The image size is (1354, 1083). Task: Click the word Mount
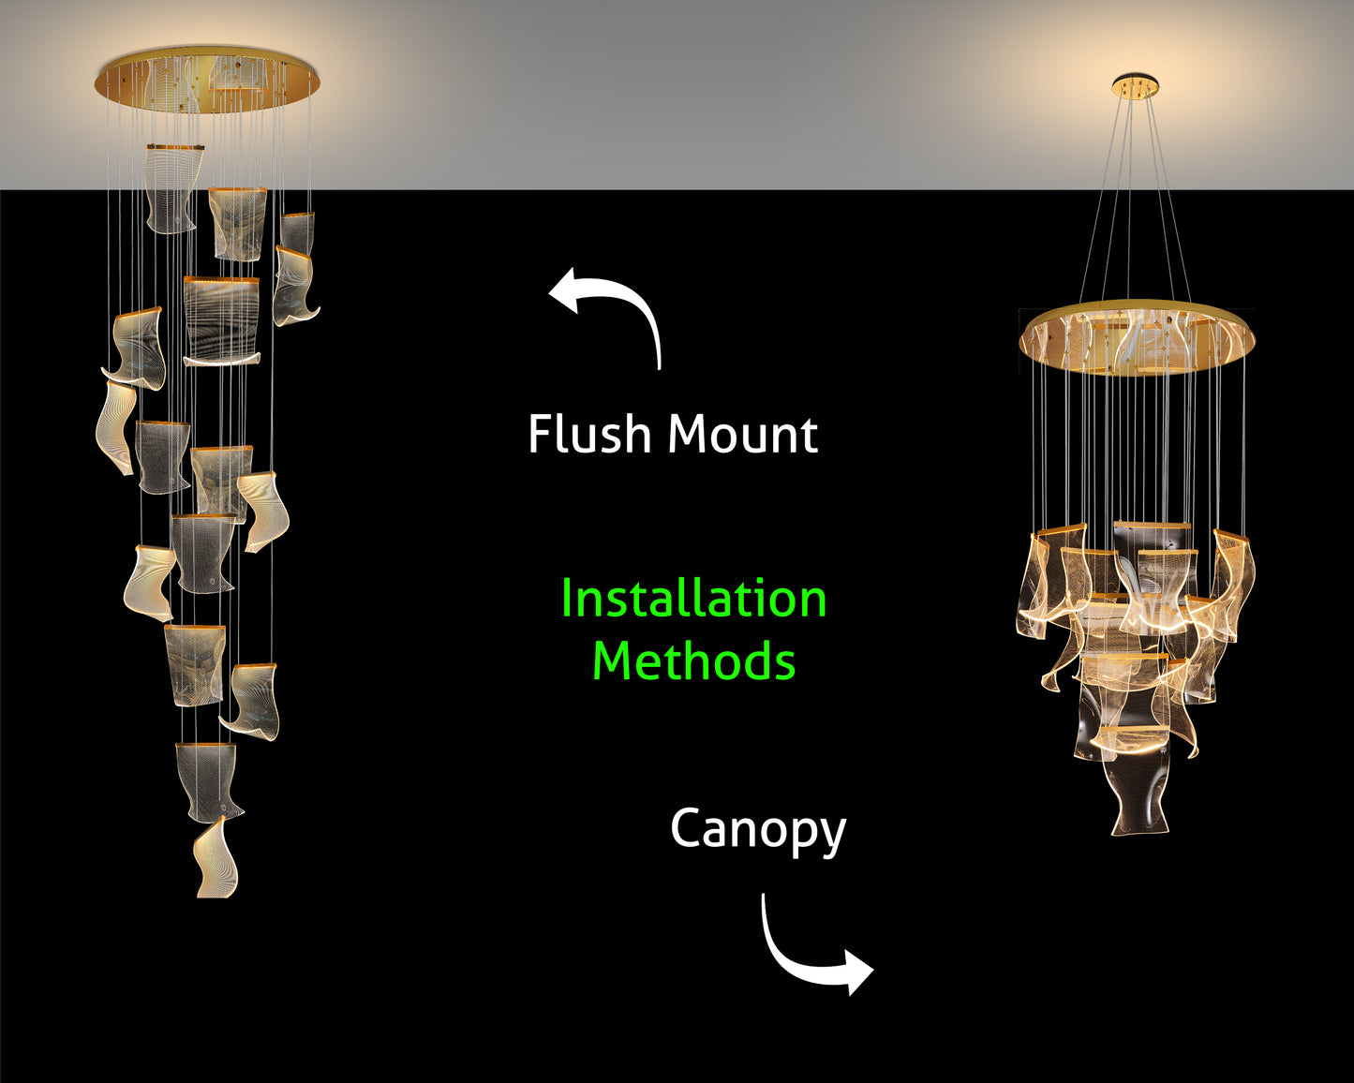click(x=743, y=435)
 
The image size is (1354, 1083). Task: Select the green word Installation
click(x=693, y=600)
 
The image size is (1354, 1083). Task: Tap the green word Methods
click(x=693, y=661)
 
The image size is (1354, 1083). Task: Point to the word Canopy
click(x=757, y=831)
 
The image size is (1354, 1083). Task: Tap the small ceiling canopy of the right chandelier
click(x=1136, y=87)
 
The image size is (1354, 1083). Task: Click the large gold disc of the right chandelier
click(x=1137, y=337)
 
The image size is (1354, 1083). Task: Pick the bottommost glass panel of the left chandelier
click(x=216, y=859)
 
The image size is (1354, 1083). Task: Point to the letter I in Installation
click(x=567, y=600)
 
